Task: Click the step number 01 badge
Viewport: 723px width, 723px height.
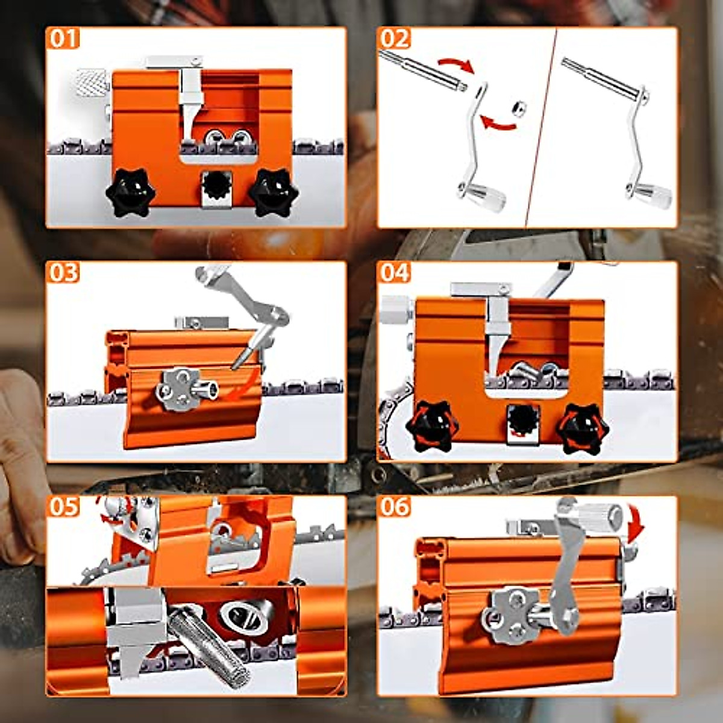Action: (x=63, y=39)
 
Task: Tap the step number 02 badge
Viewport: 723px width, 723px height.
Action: (x=395, y=39)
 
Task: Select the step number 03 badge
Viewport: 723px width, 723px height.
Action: (x=63, y=272)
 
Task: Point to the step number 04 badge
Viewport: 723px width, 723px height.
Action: (x=395, y=272)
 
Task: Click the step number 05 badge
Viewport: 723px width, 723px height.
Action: (x=63, y=506)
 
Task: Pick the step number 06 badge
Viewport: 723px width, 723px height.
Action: (x=395, y=506)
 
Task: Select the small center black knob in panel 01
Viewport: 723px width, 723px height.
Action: (x=216, y=183)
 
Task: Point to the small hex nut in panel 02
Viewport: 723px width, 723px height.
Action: (x=517, y=108)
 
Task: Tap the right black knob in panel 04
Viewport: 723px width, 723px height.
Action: (x=582, y=429)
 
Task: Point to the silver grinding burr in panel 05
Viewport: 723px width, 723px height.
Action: (x=211, y=642)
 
